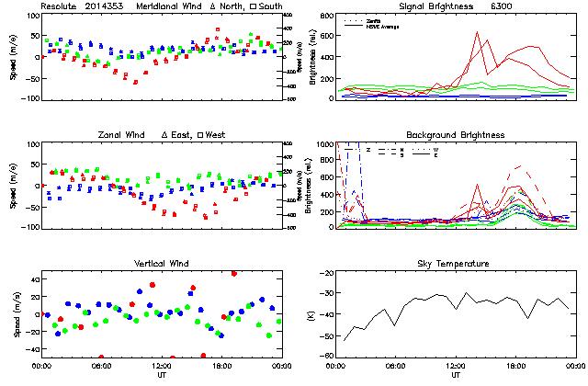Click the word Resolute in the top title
click(62, 6)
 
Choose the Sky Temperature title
click(456, 264)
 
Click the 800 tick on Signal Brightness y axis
click(327, 17)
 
